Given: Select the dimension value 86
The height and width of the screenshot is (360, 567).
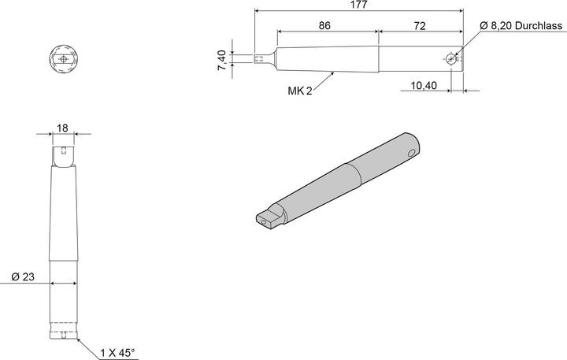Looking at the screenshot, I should click(x=325, y=26).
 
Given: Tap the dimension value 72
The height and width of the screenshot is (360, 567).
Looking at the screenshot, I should click(x=419, y=26).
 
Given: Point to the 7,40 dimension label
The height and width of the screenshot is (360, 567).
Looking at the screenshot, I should click(x=222, y=59).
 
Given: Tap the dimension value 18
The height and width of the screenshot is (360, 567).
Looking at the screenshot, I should click(x=63, y=128).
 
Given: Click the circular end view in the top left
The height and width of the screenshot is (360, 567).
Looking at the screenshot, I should click(x=63, y=59).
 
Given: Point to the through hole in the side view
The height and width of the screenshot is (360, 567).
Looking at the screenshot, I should click(x=449, y=58).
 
